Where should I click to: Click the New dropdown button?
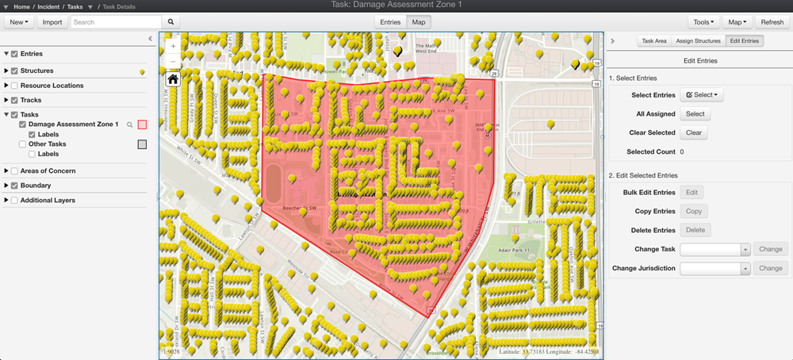(20, 22)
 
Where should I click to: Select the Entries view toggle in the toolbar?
(390, 22)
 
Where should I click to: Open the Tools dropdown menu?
(703, 22)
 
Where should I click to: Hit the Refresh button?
(772, 22)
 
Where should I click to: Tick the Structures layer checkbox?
(14, 71)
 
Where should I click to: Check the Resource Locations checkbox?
(14, 85)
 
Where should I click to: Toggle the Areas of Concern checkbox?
(14, 170)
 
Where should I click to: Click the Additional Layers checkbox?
(14, 200)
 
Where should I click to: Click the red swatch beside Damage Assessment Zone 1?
(142, 124)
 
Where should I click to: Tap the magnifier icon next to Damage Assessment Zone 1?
(129, 124)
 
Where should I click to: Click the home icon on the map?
(173, 79)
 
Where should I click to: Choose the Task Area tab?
(654, 40)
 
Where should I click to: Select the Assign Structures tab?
(698, 40)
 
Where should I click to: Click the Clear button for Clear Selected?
(694, 132)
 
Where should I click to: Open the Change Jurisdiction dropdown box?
(714, 269)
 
